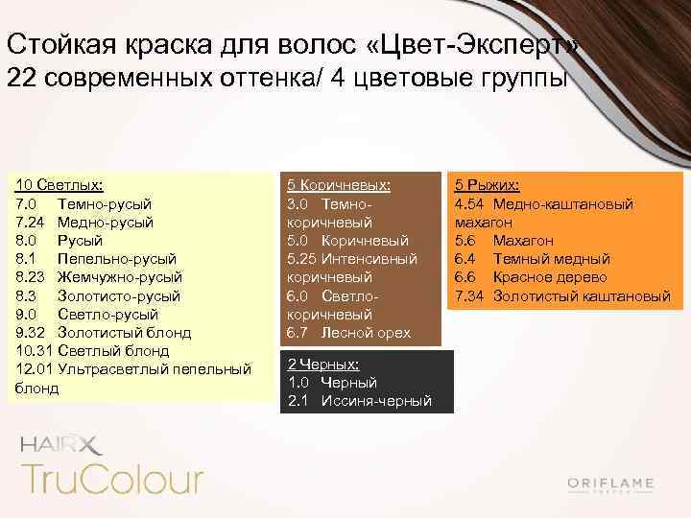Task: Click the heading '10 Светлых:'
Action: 60,185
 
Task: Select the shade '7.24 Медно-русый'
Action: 84,223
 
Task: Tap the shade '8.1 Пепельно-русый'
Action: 96,259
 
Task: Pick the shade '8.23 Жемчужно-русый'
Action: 99,277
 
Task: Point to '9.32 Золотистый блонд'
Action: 104,333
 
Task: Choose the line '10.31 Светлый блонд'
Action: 94,351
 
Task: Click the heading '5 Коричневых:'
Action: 338,185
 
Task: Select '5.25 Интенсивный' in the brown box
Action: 352,259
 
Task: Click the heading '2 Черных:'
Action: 323,365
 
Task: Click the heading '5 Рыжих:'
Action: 487,185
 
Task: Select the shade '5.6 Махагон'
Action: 504,241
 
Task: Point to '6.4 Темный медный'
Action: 532,259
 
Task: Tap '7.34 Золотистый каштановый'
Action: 562,295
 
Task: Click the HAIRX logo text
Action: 59,443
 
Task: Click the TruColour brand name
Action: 111,478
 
